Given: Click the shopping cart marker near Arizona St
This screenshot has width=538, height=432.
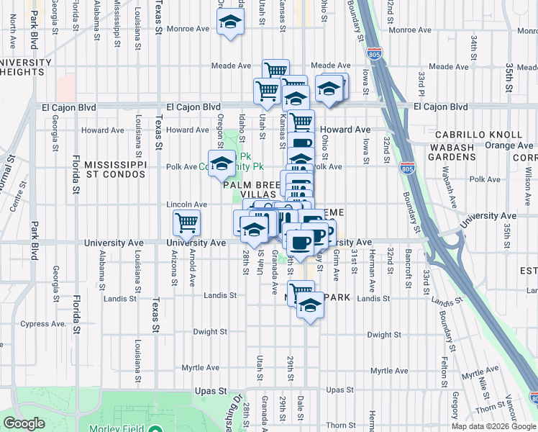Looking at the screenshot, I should (187, 223).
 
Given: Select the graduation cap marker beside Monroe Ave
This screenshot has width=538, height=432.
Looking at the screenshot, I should (230, 24).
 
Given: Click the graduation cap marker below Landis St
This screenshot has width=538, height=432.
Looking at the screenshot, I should (310, 305).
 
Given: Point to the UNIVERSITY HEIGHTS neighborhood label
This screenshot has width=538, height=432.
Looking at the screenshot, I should (26, 67).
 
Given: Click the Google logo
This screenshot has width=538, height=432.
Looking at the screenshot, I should (24, 423).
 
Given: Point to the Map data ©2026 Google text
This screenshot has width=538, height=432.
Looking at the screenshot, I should (493, 426).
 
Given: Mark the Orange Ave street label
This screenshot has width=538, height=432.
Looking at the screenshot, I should (509, 145).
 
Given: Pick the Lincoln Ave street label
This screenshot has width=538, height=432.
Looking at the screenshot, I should (187, 204).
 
